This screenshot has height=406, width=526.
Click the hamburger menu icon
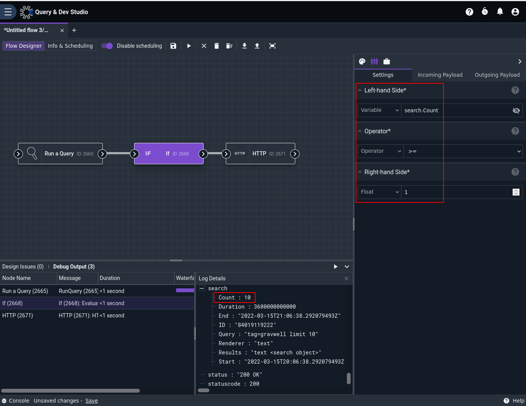point(8,11)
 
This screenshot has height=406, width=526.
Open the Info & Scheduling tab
point(70,46)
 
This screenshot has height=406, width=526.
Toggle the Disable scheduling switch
point(107,46)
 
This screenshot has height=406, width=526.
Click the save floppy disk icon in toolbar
point(173,46)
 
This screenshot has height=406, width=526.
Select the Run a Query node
point(60,154)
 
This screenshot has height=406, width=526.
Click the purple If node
point(169,154)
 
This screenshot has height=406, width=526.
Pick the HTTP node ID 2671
point(261,154)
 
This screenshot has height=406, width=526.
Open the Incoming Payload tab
point(440,75)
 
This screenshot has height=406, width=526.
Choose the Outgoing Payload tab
point(497,75)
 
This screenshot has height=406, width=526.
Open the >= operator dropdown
point(463,151)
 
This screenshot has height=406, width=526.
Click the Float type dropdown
point(379,192)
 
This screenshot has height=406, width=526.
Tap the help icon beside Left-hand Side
point(515,90)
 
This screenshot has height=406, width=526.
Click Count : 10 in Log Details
point(234,298)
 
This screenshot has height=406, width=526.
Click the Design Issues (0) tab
point(23,267)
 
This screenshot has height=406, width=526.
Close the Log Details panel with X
point(346,278)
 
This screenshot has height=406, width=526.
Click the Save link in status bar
point(92,401)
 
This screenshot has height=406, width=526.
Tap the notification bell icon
point(500,11)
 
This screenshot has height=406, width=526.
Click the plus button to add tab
point(74,30)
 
